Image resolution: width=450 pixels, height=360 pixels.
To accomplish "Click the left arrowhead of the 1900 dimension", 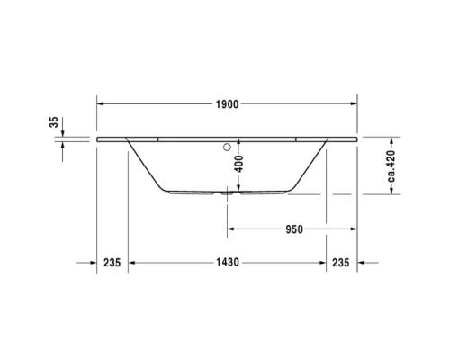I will click(x=101, y=104).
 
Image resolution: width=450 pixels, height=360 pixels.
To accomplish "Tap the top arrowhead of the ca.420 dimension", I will click(x=392, y=142).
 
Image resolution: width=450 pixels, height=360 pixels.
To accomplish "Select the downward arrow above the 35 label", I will click(x=64, y=135).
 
